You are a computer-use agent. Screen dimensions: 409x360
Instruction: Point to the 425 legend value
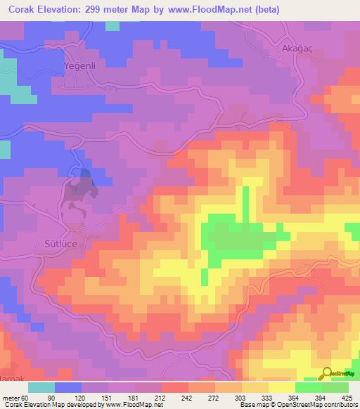(348, 397)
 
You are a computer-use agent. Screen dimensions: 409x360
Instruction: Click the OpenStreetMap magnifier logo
(328, 375)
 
